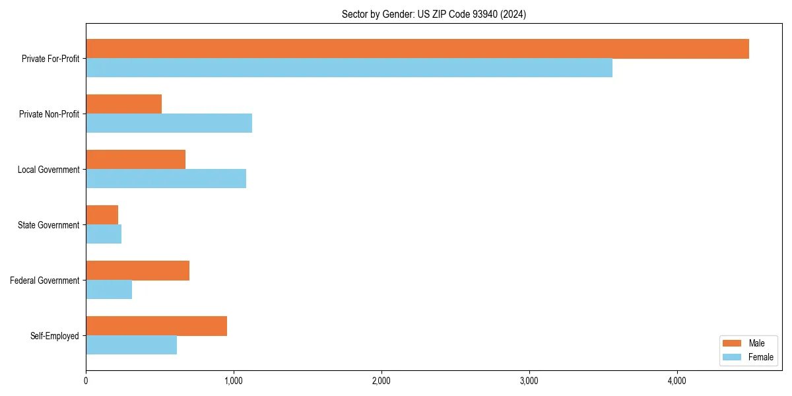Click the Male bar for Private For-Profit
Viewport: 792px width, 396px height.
click(417, 49)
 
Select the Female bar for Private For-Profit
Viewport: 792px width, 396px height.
click(349, 68)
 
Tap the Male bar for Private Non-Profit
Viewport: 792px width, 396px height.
click(123, 104)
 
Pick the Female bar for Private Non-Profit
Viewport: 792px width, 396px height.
click(169, 123)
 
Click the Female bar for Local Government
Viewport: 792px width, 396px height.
click(166, 179)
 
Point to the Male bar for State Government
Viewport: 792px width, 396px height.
click(102, 215)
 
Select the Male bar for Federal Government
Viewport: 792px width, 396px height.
click(137, 271)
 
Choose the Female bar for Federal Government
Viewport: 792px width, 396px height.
click(109, 290)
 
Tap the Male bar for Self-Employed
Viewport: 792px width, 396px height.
click(156, 326)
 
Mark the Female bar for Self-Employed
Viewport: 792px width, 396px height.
click(131, 345)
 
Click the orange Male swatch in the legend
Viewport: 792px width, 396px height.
click(733, 343)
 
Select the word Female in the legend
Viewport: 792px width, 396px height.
click(761, 357)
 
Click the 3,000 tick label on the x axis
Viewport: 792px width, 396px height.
click(529, 381)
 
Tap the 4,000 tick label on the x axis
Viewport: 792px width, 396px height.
click(677, 381)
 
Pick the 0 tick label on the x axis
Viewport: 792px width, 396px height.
click(86, 381)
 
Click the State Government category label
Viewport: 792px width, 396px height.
click(49, 225)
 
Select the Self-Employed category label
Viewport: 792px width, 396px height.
click(55, 336)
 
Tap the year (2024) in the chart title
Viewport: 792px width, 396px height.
click(513, 14)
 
